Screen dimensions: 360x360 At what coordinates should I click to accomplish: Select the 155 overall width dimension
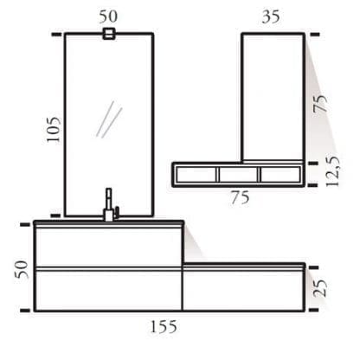[163, 326]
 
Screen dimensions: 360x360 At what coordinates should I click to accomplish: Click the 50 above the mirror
[109, 16]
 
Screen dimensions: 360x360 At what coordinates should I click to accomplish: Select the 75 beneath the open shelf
[241, 197]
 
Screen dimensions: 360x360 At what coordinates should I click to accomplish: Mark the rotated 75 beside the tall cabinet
[322, 104]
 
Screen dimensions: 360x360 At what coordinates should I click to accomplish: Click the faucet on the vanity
[109, 206]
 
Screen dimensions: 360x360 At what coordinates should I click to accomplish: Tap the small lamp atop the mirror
[109, 35]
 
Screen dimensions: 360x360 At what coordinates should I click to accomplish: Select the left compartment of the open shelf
[196, 175]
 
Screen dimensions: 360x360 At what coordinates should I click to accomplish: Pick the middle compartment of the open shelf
[239, 175]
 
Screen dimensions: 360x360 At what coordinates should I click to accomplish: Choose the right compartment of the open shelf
[281, 175]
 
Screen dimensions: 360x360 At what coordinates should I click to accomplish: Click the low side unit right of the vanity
[243, 288]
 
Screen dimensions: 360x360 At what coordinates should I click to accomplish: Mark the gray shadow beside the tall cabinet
[320, 130]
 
